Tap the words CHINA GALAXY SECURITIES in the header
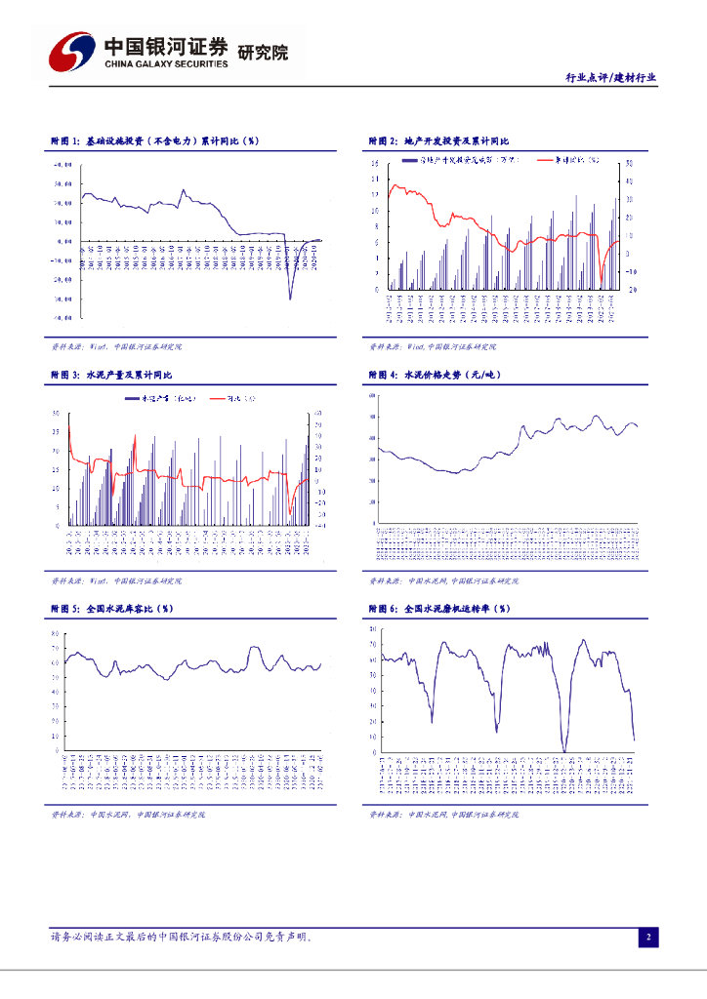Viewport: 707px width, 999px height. pos(166,64)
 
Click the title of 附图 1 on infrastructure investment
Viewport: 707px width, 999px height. pos(154,141)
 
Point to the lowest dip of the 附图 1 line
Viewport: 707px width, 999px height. pos(290,298)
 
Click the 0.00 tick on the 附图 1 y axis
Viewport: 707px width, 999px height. pos(65,241)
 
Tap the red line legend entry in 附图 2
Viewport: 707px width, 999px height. pos(562,157)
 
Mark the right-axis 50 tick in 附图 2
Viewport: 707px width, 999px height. pos(630,163)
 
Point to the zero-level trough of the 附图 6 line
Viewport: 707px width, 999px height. pos(564,750)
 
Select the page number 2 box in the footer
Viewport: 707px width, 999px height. pos(646,938)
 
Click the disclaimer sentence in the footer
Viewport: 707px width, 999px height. pos(182,937)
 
